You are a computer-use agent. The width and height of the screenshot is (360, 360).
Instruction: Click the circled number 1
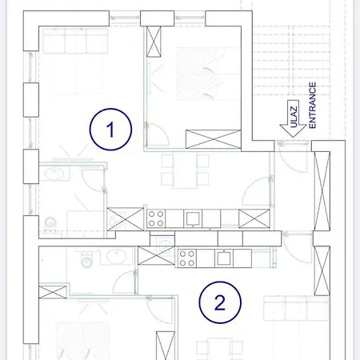pos(110,130)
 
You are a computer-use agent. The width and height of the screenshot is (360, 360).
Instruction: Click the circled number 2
pos(220,302)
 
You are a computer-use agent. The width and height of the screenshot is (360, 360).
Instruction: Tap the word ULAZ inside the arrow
pos(294,117)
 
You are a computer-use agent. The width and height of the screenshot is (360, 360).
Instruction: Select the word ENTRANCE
pos(312,106)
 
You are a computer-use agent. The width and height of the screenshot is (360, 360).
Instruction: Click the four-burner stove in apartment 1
pos(156,218)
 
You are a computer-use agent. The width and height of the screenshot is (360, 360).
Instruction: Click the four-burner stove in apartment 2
pos(187,258)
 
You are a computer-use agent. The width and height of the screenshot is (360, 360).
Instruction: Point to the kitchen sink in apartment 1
pos(193,218)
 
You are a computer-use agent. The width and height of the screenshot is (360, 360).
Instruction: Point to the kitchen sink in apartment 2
pos(224,258)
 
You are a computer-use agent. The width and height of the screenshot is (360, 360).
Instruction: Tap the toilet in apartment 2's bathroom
pos(86,259)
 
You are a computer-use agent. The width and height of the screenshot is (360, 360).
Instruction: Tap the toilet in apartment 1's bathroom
pos(50,223)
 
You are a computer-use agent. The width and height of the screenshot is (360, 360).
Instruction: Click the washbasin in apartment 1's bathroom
pos(54,174)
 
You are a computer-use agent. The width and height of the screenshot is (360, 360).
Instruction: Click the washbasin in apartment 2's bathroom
pos(117,256)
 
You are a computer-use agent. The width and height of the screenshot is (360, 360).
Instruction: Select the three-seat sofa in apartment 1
pos(75,41)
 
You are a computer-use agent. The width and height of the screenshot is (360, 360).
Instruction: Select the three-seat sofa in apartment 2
pos(296,308)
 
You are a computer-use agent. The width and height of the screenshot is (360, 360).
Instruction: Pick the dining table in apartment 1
pos(185,170)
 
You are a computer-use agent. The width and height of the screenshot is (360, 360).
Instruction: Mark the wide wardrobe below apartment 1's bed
pos(214,139)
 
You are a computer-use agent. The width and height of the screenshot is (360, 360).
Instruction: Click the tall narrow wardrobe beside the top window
pos(154,42)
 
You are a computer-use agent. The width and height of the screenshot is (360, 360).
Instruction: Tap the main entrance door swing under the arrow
pos(293,158)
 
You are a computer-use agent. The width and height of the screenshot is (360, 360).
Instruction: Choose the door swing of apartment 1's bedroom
pos(158,134)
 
